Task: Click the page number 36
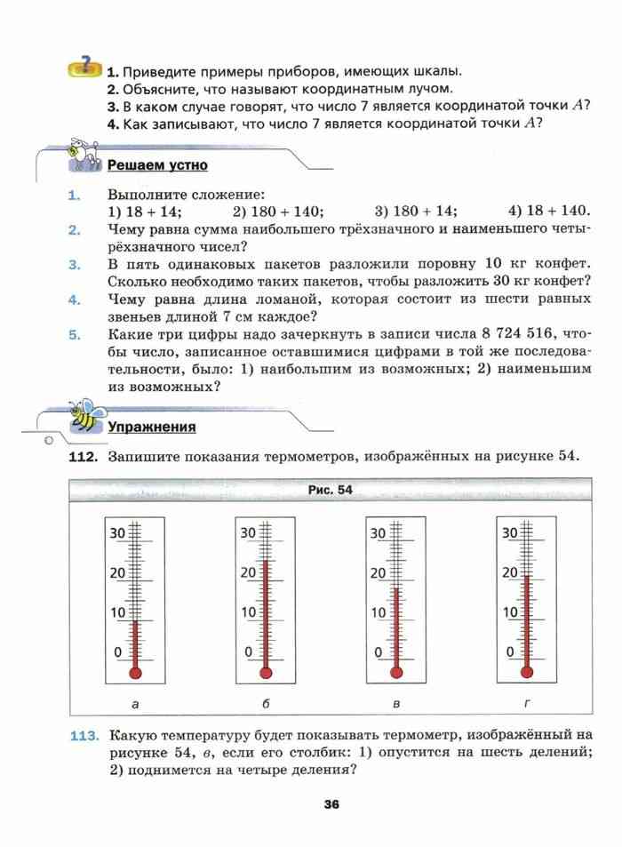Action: pos(331,805)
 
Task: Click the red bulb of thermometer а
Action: pos(135,672)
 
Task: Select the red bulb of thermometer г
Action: pos(526,672)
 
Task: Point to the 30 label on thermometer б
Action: pos(248,533)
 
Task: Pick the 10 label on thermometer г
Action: pos(510,612)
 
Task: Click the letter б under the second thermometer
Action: pos(266,704)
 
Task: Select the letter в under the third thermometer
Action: pos(395,704)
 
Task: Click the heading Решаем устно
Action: pos(157,165)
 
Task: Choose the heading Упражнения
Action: pos(152,427)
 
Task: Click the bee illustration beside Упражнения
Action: pos(85,415)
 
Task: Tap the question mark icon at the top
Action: pos(84,66)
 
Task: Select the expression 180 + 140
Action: pos(278,212)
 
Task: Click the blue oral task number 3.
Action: pos(75,264)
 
